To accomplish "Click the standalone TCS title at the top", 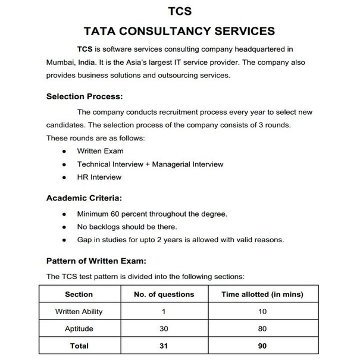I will pos(180,11).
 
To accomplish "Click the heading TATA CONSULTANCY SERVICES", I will pos(180,30).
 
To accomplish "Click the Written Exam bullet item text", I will pos(101,151).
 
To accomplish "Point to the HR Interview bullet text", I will pos(99,177).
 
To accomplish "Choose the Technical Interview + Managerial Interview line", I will pos(150,164).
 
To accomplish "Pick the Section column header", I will pos(79,294).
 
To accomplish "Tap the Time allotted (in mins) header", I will pos(262,294).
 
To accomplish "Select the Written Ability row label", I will pos(79,311).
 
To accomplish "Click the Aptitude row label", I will pos(79,328).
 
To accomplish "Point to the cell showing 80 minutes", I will pos(262,328).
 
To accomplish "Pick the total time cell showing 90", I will pos(262,346).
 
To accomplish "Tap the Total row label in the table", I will pos(79,346).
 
